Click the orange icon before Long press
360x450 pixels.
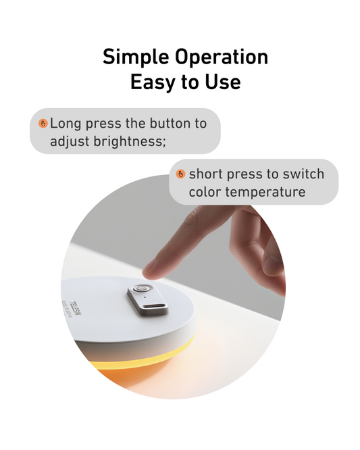(43, 124)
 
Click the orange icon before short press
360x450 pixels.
(180, 174)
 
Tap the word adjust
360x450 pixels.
(69, 142)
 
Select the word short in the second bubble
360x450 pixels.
(206, 174)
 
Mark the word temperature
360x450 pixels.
(266, 193)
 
